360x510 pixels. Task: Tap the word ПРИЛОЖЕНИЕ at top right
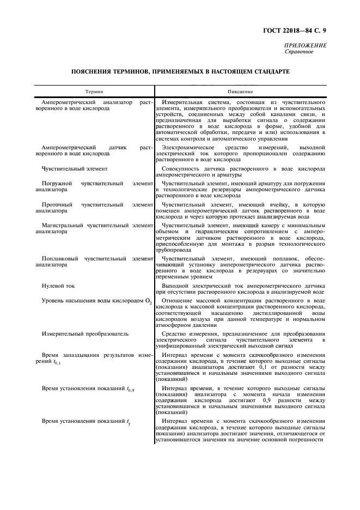pos(305,46)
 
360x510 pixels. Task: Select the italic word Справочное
pos(299,52)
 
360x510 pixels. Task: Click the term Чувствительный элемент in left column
pos(74,169)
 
